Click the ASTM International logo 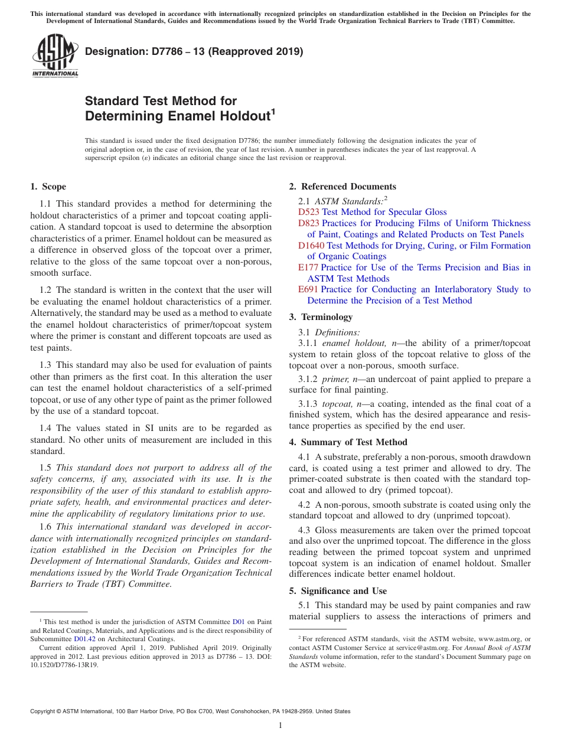(x=54, y=56)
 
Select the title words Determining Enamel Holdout (x=177, y=116)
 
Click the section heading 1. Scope (x=48, y=187)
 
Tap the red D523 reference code (x=308, y=212)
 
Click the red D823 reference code (x=308, y=223)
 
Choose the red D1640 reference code (x=311, y=246)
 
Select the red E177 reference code (x=308, y=267)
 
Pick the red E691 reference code (x=308, y=289)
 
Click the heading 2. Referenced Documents (x=343, y=187)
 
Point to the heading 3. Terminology (x=321, y=317)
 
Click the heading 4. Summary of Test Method (x=348, y=442)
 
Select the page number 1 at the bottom (x=280, y=726)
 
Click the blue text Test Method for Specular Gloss (x=384, y=212)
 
